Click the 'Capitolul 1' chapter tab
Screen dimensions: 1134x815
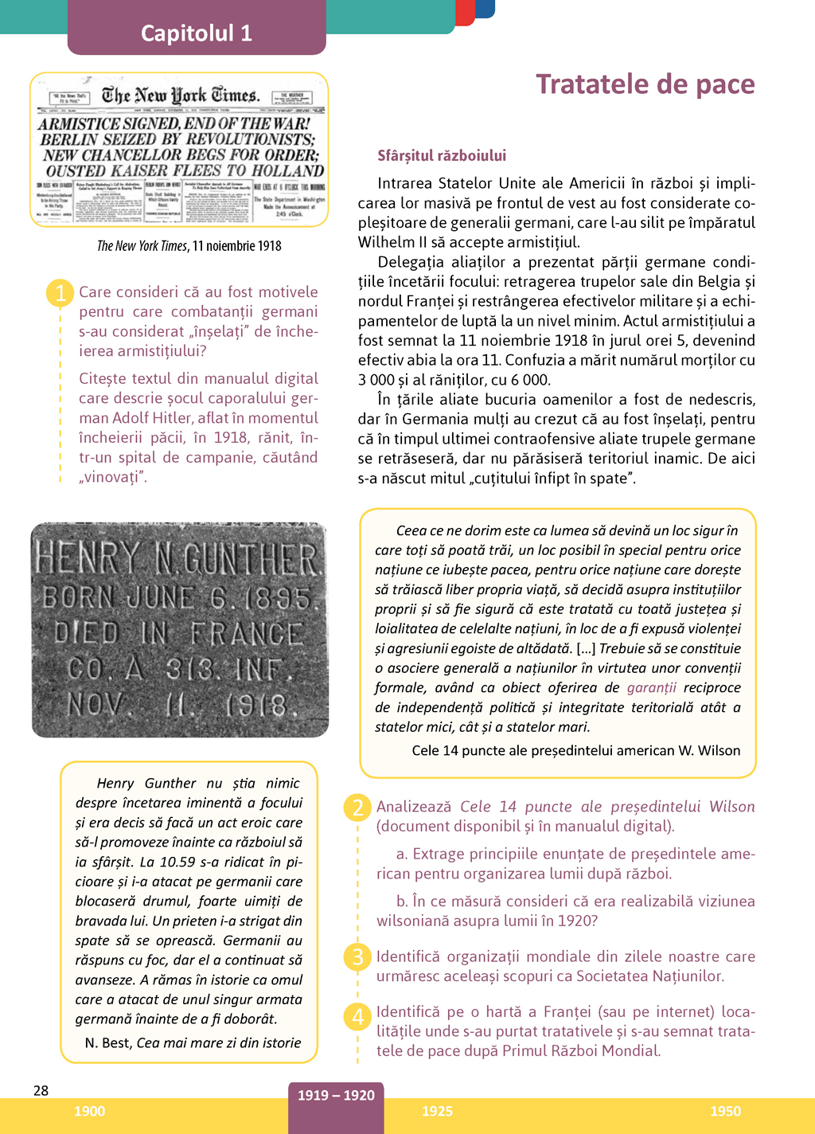[197, 33]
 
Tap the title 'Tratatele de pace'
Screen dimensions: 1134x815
[645, 84]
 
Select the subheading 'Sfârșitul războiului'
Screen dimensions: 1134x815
[442, 155]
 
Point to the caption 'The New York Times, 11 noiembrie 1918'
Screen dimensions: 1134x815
[189, 245]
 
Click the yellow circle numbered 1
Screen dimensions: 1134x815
[60, 292]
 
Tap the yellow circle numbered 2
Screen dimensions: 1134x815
[357, 807]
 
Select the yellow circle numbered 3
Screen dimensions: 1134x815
[357, 956]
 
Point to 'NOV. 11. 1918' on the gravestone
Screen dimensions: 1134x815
[177, 705]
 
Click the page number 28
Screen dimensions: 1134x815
[41, 1090]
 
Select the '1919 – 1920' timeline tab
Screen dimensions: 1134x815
[336, 1096]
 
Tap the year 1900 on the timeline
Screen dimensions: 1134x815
[89, 1111]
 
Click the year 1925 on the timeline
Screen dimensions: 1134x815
[437, 1111]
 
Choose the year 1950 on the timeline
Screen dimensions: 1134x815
[725, 1111]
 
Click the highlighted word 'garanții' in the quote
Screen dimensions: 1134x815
[651, 687]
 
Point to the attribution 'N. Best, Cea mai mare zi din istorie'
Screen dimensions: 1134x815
[193, 1042]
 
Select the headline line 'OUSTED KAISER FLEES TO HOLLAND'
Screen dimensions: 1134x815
[185, 170]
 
